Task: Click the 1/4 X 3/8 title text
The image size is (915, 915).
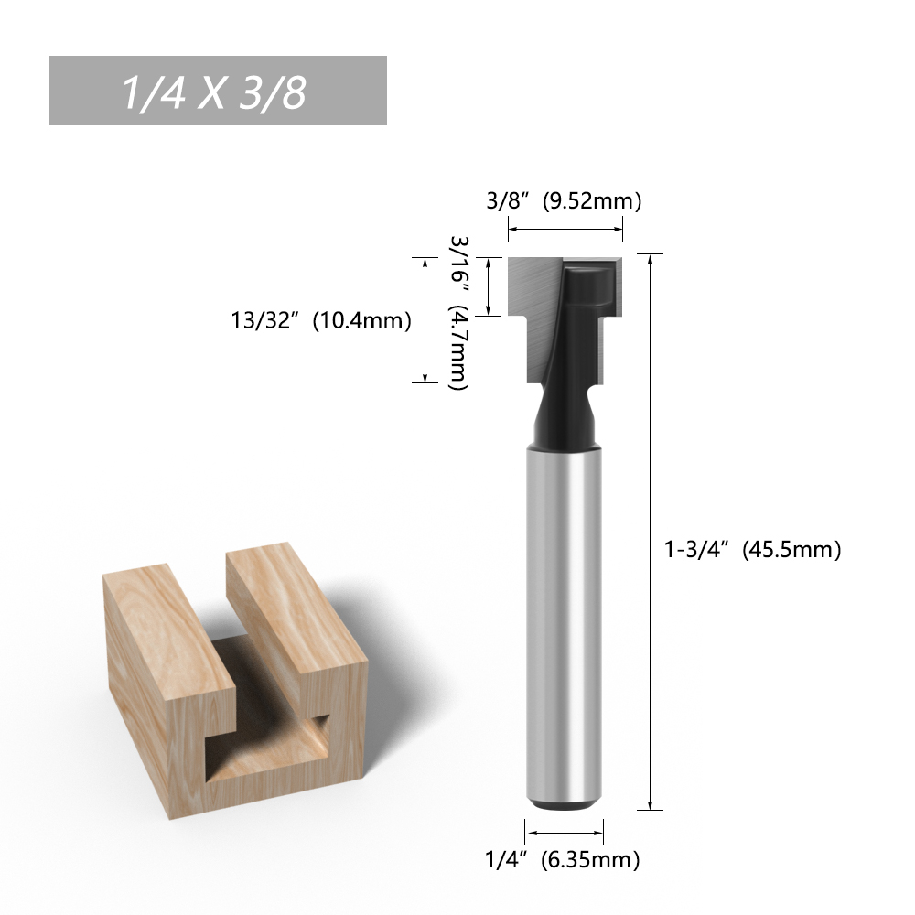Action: [x=213, y=92]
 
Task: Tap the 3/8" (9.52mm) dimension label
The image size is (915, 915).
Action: [x=564, y=200]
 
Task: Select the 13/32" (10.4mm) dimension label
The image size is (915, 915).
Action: [x=321, y=320]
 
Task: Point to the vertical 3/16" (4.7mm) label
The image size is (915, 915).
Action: [x=459, y=313]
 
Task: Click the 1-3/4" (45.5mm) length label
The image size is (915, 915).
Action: [x=753, y=549]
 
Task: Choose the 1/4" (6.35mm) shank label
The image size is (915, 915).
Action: [x=563, y=859]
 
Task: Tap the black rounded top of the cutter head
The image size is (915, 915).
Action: [x=588, y=283]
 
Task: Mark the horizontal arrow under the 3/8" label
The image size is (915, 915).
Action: [x=565, y=230]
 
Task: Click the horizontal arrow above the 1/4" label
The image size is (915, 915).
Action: [x=564, y=833]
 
